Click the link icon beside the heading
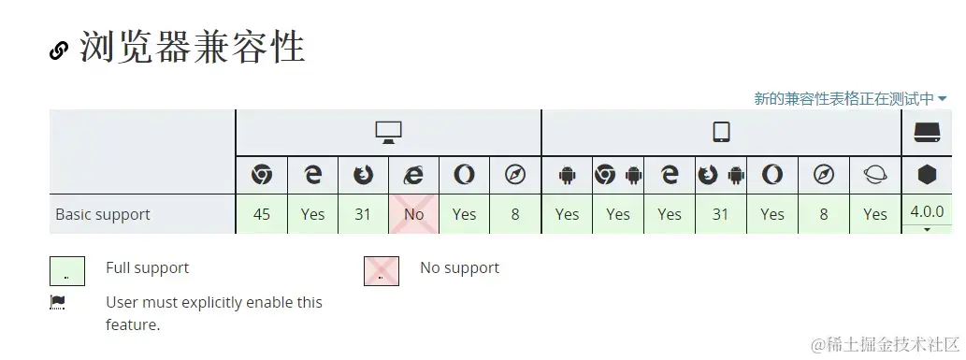59,50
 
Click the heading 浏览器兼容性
192,48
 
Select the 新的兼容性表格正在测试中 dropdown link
850,98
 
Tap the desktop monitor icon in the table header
388,132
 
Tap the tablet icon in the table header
721,132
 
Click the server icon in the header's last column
927,132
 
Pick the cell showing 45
262,214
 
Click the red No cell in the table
413,214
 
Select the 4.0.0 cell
927,212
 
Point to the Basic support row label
103,214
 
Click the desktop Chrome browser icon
262,175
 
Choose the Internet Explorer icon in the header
413,175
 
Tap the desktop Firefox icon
363,175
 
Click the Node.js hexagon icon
927,175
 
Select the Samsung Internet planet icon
874,175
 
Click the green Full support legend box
67,271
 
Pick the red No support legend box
382,271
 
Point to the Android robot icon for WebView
567,175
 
